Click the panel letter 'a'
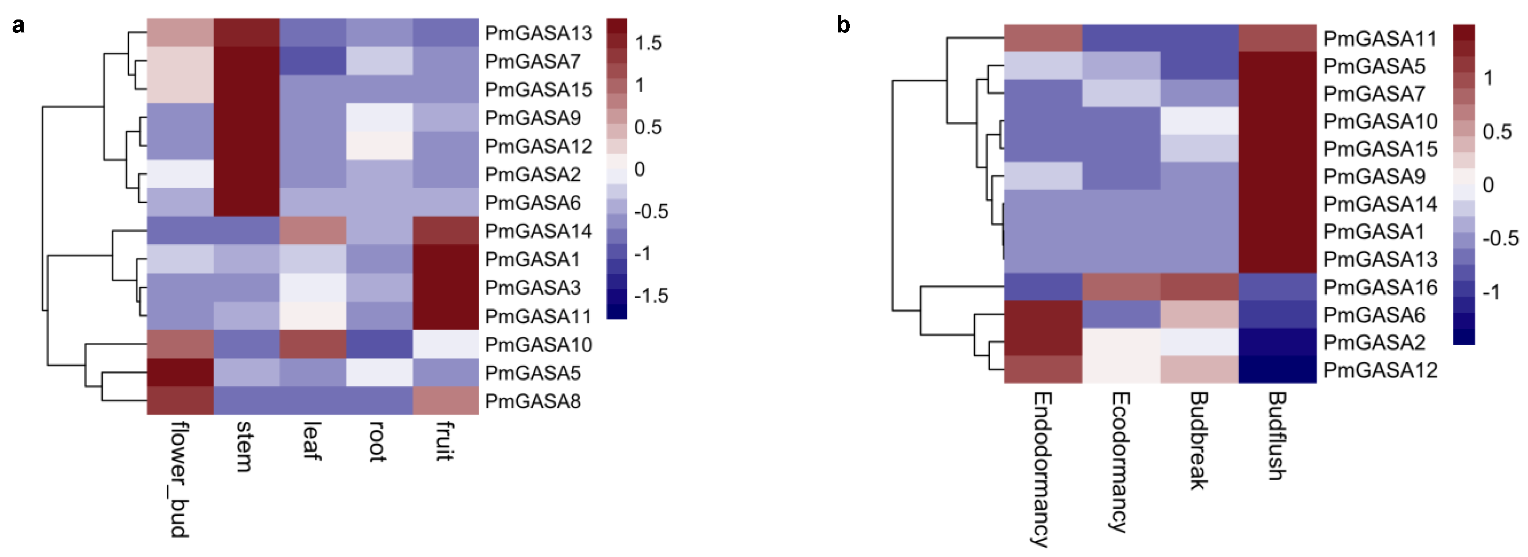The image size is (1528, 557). pos(18,26)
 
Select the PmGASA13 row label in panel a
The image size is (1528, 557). pos(538,33)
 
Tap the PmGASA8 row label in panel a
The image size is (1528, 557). pos(532,402)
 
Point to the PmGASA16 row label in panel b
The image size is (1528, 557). pos(1380,288)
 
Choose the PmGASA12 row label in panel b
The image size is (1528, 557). pos(1380,371)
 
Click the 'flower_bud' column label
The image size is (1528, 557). pos(180,479)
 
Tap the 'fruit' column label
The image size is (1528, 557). pos(445,441)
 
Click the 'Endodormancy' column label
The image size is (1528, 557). pos(1042,468)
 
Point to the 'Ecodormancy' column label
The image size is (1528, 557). pos(1120,462)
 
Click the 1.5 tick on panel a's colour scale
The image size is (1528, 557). pos(648,43)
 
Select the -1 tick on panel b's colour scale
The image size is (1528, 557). pos(1491,292)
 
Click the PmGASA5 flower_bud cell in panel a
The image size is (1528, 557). pos(180,373)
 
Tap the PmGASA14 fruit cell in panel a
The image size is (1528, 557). pos(445,231)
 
